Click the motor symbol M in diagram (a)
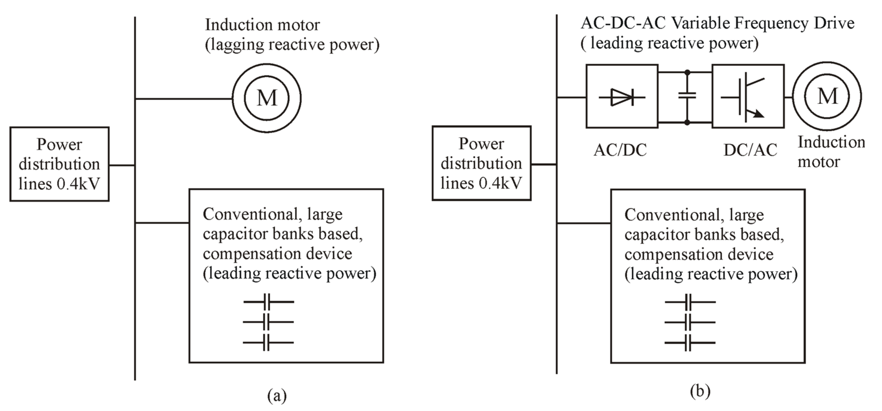coord(267,98)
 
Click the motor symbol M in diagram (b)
coord(827,96)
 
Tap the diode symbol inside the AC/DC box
coord(622,97)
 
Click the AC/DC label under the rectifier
coord(620,150)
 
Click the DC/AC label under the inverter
coord(750,150)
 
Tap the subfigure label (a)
coord(277,396)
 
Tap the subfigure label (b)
coord(700,391)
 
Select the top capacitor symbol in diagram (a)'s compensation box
coord(268,302)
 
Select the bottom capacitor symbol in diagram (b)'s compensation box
coord(690,343)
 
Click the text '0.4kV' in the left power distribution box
coord(78,184)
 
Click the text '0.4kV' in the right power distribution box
coord(500,183)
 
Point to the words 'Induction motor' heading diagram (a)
coord(262,25)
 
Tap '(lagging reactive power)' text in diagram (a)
coord(292,45)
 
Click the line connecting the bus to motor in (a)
coord(184,99)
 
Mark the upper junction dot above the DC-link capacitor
coord(687,72)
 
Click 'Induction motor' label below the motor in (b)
coord(831,152)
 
